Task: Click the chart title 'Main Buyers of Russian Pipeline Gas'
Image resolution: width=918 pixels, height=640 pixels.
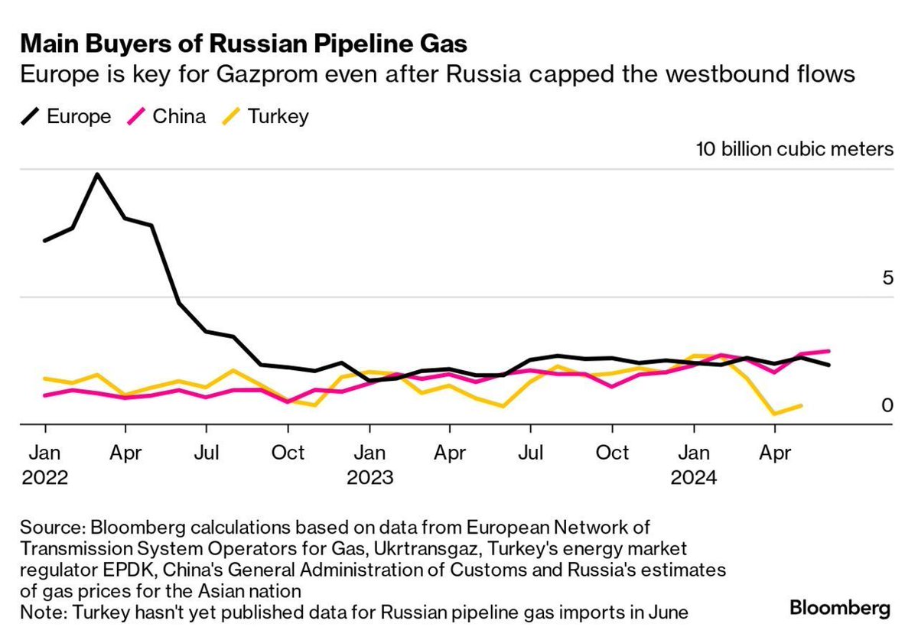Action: pos(244,43)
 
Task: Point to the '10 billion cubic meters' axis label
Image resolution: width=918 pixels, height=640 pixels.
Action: pos(794,148)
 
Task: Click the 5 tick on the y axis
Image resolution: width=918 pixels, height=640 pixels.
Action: pos(887,278)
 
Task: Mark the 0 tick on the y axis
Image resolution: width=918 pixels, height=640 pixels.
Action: pos(887,405)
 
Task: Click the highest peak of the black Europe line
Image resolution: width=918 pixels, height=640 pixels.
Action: pos(97,174)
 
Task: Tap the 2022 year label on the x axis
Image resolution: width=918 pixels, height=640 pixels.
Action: pos(45,478)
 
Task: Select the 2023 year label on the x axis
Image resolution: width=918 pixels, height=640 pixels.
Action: pos(370,478)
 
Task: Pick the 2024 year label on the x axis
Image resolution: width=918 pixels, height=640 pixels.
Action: pos(694,478)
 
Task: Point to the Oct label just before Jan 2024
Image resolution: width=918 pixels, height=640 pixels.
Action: pos(613,453)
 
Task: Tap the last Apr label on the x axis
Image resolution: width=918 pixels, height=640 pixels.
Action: pos(774,453)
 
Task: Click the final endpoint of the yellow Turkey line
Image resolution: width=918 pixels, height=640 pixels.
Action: pos(802,405)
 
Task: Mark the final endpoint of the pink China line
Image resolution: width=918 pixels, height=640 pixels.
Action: pos(828,351)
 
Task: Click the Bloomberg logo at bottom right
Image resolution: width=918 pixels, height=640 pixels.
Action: pos(840,609)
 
